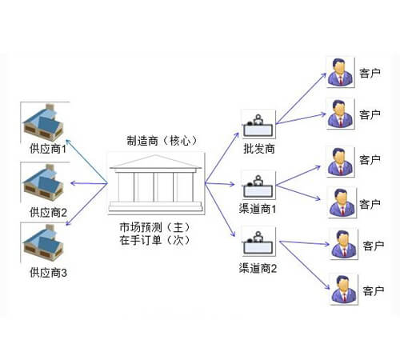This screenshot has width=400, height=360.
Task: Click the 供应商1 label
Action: click(x=48, y=149)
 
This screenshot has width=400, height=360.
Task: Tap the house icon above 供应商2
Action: click(x=43, y=182)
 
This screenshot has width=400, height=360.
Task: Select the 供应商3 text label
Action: click(x=48, y=273)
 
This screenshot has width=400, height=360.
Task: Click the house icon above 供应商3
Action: click(x=43, y=242)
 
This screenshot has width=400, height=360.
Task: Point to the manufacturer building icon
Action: click(x=156, y=183)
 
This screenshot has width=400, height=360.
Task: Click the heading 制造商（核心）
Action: click(x=162, y=141)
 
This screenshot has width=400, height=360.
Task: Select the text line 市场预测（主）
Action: click(x=154, y=227)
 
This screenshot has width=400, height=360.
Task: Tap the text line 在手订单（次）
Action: click(x=154, y=240)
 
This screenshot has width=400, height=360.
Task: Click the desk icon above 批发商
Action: click(x=258, y=125)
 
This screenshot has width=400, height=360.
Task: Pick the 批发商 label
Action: click(x=259, y=149)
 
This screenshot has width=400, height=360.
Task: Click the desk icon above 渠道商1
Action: click(x=258, y=186)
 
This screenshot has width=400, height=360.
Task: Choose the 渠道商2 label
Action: click(x=258, y=268)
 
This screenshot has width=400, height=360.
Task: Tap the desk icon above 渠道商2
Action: click(x=258, y=242)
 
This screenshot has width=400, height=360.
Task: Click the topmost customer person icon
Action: click(x=340, y=72)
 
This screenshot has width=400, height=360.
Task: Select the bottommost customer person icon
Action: click(x=343, y=290)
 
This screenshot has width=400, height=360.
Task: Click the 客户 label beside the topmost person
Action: click(x=370, y=73)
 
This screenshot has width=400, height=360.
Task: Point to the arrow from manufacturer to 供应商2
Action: click(x=89, y=183)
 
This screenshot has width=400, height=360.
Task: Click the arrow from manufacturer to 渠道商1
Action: click(x=220, y=183)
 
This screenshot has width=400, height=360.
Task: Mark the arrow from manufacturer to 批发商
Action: click(x=222, y=158)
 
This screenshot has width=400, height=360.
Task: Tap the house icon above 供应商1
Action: click(x=43, y=122)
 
